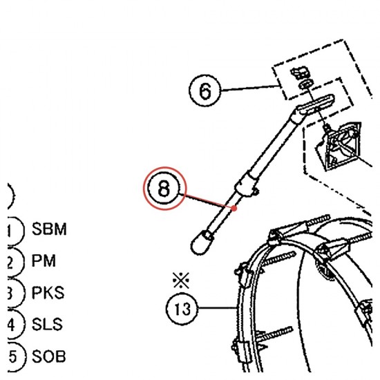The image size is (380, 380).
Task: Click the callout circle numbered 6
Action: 205,91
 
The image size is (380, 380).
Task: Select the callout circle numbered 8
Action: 164,189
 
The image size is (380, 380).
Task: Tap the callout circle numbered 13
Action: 182,309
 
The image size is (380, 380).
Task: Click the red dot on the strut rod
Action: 234,208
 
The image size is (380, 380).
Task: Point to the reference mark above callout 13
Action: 181,281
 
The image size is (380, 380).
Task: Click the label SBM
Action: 49,229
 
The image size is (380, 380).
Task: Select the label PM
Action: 44,260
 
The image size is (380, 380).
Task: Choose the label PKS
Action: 48,292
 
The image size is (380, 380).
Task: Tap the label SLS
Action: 47,324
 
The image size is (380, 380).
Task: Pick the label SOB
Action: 49,357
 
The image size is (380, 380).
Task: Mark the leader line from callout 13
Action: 218,307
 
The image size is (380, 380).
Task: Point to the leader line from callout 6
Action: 250,88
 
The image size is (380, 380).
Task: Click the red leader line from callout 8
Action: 207,201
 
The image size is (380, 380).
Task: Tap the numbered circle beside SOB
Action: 15,357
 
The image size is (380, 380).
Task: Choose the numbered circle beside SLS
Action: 15,324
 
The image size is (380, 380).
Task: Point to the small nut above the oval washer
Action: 300,73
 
